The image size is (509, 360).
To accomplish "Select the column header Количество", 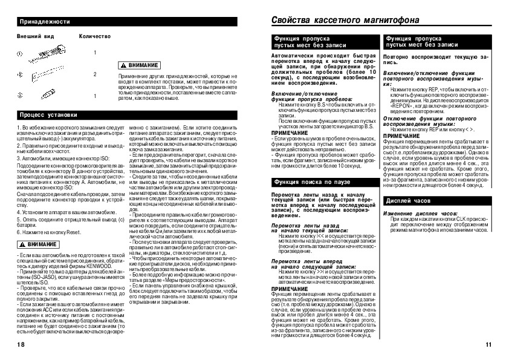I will pos(95,36).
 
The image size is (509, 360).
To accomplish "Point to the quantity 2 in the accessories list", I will pos(95,74).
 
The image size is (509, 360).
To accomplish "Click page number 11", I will pos(488,345).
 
